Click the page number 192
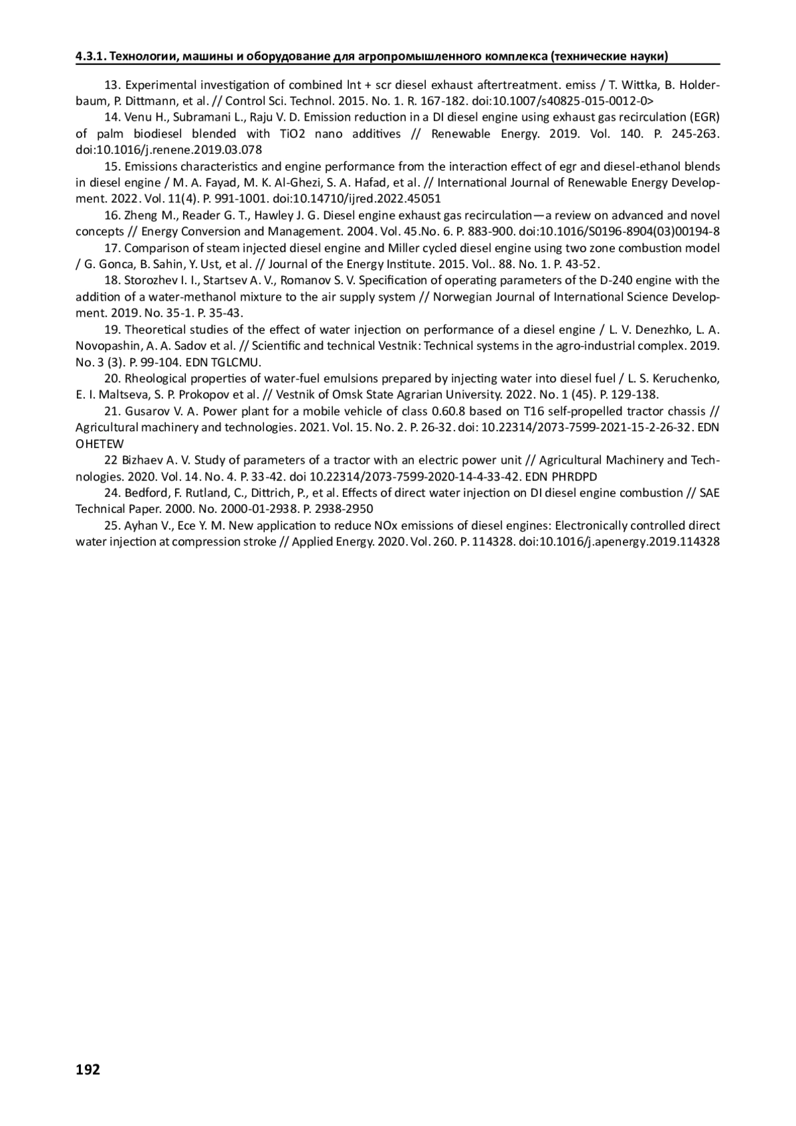click(x=88, y=1069)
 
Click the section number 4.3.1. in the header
click(x=90, y=56)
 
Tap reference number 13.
click(x=113, y=85)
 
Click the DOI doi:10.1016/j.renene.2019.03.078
click(x=168, y=150)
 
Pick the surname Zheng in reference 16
click(x=139, y=215)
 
